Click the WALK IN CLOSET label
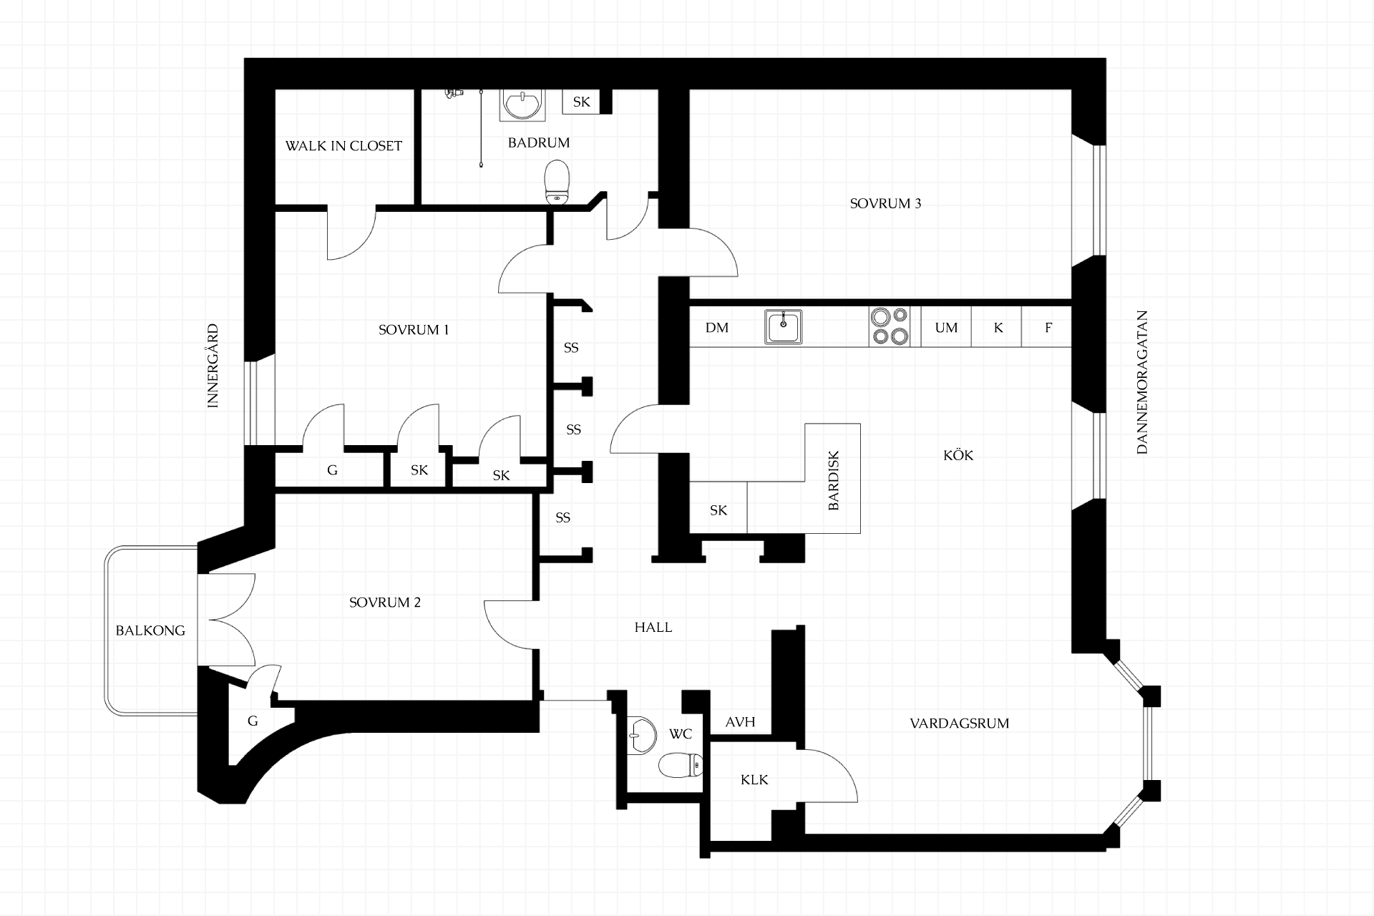343,146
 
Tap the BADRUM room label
539,142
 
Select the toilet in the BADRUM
557,182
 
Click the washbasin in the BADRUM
522,104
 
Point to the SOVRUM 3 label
885,203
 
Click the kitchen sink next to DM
784,327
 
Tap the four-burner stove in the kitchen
890,327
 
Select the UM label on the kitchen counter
946,328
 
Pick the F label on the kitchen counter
1048,328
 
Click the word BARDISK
833,480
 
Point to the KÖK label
958,455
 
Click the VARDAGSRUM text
960,723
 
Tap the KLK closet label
754,779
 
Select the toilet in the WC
681,766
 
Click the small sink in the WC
641,735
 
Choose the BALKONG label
150,630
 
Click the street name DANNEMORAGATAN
1141,382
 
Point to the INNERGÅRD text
213,366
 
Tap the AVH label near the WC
740,722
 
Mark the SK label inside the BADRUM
581,102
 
